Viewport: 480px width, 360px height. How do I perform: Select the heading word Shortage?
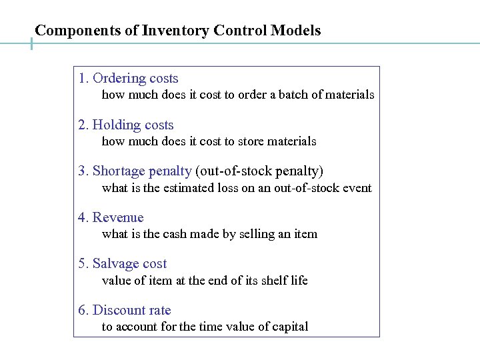click(119, 171)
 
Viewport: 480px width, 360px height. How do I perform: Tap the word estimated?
click(188, 188)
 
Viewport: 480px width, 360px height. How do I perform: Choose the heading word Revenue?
click(118, 218)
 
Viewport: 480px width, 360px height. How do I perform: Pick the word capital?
click(287, 327)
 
